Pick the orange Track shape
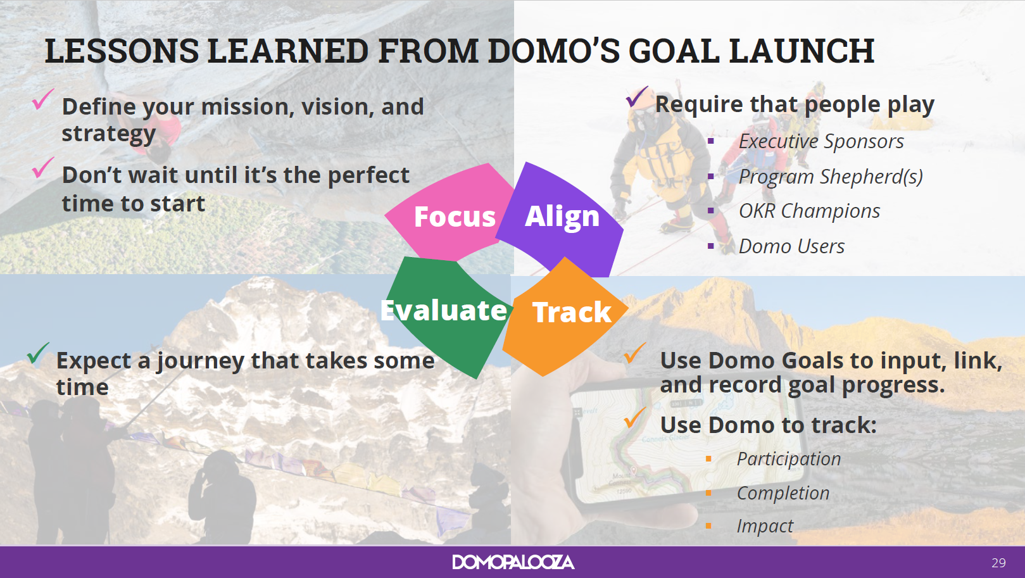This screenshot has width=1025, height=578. tap(567, 316)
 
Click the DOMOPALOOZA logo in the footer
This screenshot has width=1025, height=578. tap(513, 562)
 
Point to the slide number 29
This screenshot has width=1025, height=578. tap(998, 562)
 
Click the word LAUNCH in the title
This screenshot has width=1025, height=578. tap(802, 51)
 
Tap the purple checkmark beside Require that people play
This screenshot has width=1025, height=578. tap(636, 96)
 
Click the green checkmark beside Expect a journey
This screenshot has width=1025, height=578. tap(37, 353)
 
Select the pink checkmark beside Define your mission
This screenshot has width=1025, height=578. tap(43, 99)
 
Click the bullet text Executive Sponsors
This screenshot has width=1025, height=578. tap(821, 141)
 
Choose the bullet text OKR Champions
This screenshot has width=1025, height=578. tap(810, 211)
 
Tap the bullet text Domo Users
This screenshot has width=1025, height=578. tap(791, 246)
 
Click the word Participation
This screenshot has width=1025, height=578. tap(789, 459)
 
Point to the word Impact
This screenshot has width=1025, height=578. tap(765, 526)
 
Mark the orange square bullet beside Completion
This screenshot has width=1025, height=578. tap(708, 493)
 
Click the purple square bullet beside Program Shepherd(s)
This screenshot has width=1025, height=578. tap(710, 176)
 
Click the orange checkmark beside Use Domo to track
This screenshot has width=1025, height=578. tap(635, 418)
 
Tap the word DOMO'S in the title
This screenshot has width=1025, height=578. tap(554, 51)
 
